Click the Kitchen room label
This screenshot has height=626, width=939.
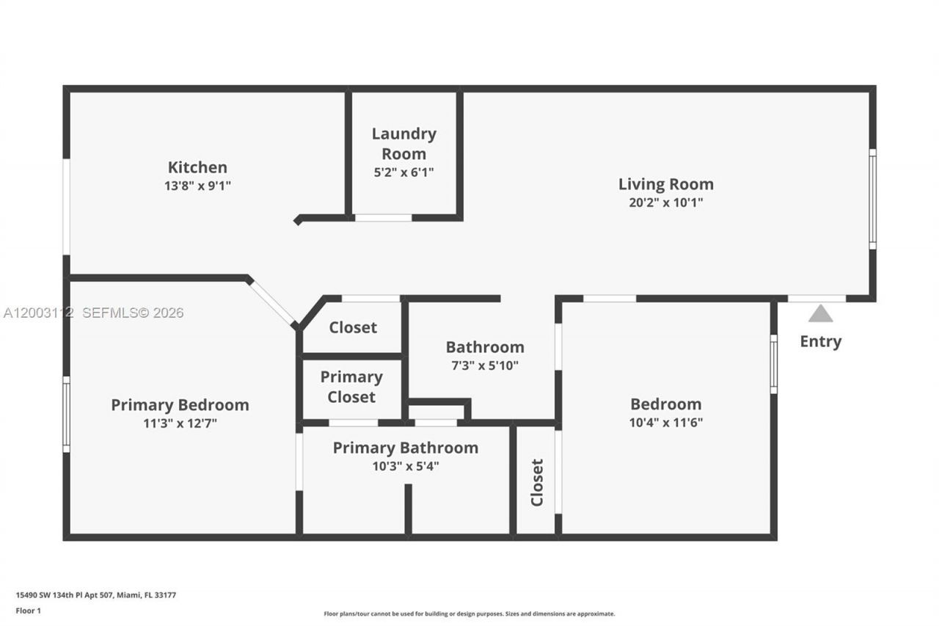tap(197, 167)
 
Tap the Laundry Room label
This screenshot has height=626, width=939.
tap(403, 144)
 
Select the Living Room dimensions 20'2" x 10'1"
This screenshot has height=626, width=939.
tap(665, 203)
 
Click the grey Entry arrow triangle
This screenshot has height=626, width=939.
tap(820, 314)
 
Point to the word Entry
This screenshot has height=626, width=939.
tap(820, 341)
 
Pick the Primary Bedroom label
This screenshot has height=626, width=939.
tap(180, 404)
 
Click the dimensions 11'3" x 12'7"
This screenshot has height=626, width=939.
tap(180, 423)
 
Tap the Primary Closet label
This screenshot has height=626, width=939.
tap(351, 387)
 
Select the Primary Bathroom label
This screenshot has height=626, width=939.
tap(405, 448)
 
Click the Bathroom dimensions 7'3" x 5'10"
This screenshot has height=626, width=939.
tap(485, 365)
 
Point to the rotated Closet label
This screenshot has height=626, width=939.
tap(537, 482)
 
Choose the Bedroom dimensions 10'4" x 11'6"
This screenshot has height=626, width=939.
tap(665, 423)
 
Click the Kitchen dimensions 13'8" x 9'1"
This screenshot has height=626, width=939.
tap(197, 186)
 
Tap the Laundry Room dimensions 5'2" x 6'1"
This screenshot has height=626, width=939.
tap(403, 173)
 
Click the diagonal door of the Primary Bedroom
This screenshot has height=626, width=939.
tap(272, 302)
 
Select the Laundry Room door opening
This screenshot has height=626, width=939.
tap(383, 218)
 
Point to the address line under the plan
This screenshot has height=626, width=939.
tap(96, 595)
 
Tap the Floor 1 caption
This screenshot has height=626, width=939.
tap(29, 611)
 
